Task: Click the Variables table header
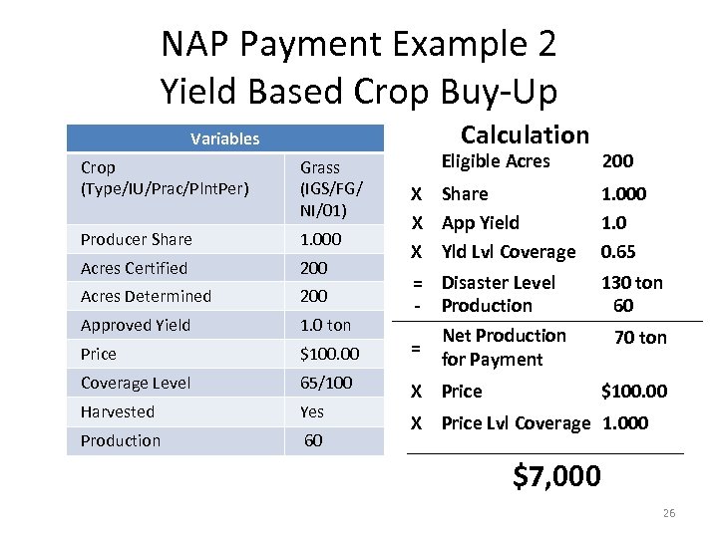click(224, 138)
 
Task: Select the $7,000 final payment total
click(556, 476)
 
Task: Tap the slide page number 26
click(668, 513)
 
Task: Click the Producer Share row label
click(137, 239)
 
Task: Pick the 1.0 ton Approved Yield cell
click(325, 325)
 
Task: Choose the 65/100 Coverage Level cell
click(324, 383)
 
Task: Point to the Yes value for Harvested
click(312, 411)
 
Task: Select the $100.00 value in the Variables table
click(329, 354)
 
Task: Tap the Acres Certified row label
click(134, 268)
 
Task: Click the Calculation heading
click(525, 134)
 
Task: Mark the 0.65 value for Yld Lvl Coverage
click(617, 252)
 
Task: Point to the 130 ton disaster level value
click(631, 283)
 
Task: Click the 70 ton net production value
click(640, 338)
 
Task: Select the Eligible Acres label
click(496, 161)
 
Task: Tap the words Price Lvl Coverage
click(517, 422)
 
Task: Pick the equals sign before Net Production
click(416, 348)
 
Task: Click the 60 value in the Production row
click(313, 440)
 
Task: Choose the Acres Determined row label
click(146, 296)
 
